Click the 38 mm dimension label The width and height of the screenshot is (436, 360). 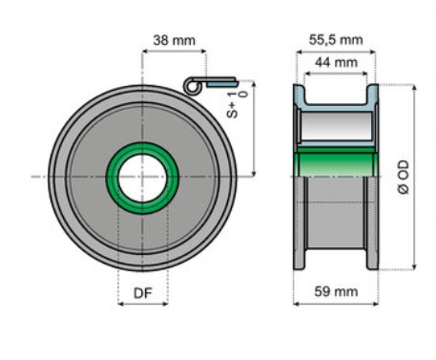[x=174, y=40]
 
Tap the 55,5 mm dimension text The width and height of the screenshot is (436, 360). [x=336, y=40]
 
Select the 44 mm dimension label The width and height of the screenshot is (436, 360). [x=336, y=62]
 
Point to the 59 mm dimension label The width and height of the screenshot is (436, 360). [x=336, y=291]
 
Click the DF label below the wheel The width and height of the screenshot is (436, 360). [x=143, y=293]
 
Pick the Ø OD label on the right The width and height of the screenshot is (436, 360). [x=404, y=177]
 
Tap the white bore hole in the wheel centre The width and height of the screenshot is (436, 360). [x=142, y=179]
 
